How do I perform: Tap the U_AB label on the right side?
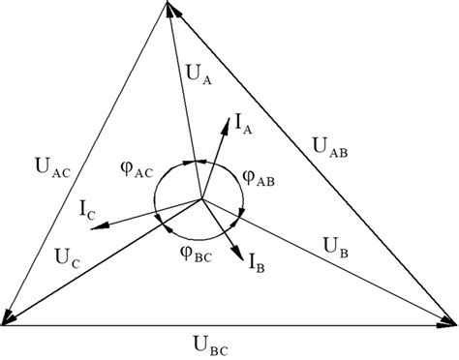coord(328,146)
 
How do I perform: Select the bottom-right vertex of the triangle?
coord(453,322)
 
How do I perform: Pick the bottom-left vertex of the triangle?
coord(5,323)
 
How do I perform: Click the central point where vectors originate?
coord(201,199)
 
